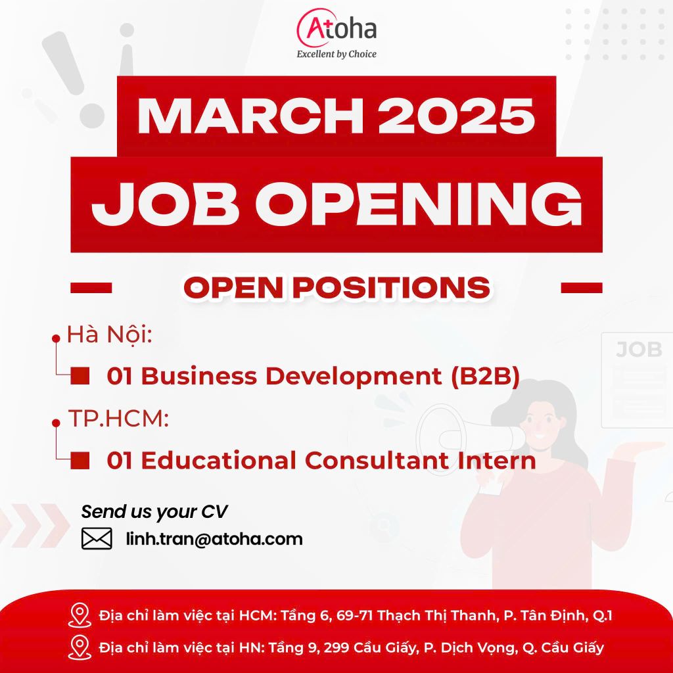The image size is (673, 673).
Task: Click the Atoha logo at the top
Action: click(x=336, y=28)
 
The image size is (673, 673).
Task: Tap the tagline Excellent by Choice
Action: click(x=336, y=54)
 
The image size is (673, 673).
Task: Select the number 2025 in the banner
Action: click(x=456, y=116)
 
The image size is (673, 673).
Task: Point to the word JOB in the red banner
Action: click(x=165, y=204)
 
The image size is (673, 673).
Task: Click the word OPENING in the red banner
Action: click(x=419, y=204)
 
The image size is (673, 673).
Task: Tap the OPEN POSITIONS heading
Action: click(x=337, y=287)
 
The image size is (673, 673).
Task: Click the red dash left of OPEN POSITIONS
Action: click(x=91, y=288)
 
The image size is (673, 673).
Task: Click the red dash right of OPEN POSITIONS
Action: click(x=582, y=288)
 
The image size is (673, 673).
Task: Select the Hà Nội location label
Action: click(x=110, y=335)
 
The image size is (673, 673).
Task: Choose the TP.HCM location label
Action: click(x=118, y=418)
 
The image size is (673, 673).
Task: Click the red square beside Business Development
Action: click(x=80, y=375)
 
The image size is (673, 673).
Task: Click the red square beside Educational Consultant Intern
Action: click(x=80, y=460)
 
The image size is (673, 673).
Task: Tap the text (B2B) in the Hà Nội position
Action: click(x=486, y=376)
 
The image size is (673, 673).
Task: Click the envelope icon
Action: click(x=97, y=539)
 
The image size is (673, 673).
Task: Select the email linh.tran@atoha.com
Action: click(x=214, y=539)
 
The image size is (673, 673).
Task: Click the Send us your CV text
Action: click(x=154, y=511)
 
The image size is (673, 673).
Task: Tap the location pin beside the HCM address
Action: click(x=80, y=615)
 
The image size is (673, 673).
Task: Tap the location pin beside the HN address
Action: click(x=80, y=647)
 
